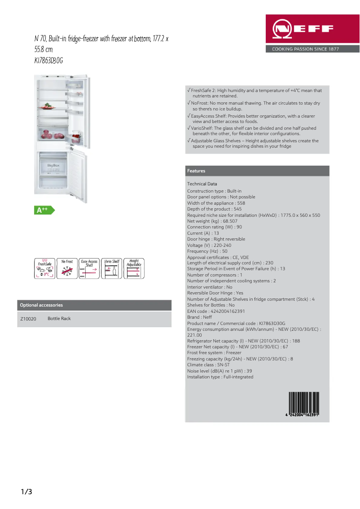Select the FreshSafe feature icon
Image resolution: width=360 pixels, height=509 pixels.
pyautogui.click(x=44, y=268)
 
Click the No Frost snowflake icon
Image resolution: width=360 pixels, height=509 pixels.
pyautogui.click(x=67, y=268)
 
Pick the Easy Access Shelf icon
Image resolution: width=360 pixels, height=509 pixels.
pyautogui.click(x=89, y=268)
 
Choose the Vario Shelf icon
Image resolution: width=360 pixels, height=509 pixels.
pyautogui.click(x=111, y=268)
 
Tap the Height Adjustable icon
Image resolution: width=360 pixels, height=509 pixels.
pyautogui.click(x=134, y=268)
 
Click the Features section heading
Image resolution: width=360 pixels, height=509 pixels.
pyautogui.click(x=196, y=171)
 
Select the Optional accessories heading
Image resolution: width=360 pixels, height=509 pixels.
pyautogui.click(x=41, y=305)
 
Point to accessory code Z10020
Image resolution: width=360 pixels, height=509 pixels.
pyautogui.click(x=28, y=319)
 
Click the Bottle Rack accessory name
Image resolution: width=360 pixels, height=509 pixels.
pyautogui.click(x=59, y=319)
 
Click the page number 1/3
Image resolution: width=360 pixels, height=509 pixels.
pyautogui.click(x=26, y=492)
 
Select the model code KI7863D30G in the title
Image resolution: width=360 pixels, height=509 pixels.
pyautogui.click(x=48, y=61)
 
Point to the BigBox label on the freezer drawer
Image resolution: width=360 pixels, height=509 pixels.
pyautogui.click(x=53, y=166)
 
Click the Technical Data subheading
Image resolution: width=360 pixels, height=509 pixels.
pyautogui.click(x=202, y=184)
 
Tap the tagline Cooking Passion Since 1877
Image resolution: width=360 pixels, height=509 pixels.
pyautogui.click(x=305, y=49)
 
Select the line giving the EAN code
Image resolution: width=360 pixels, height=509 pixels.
pyautogui.click(x=216, y=311)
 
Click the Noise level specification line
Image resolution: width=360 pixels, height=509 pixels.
pyautogui.click(x=220, y=371)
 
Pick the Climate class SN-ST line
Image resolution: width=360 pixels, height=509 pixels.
pyautogui.click(x=208, y=365)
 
